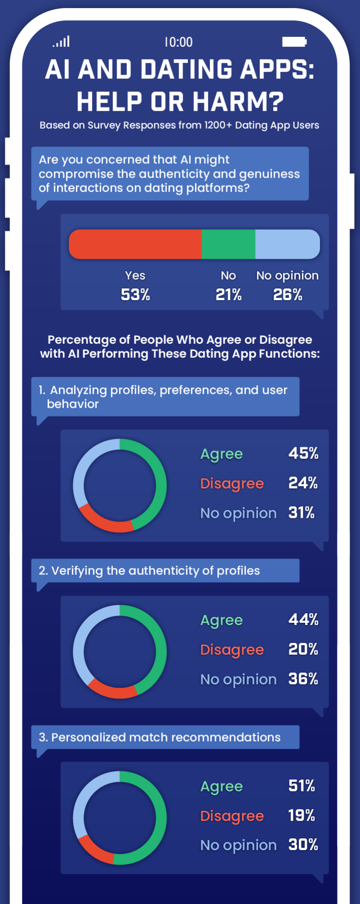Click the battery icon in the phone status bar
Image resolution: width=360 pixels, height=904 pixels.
pos(294,42)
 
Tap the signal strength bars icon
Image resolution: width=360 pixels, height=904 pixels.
pos(61,42)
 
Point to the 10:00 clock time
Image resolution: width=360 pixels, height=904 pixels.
pos(179,42)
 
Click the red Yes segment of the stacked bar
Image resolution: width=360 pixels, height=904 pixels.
pos(135,244)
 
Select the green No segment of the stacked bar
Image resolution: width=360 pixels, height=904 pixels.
pos(228,244)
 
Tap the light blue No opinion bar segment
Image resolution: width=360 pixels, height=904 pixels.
pos(287,244)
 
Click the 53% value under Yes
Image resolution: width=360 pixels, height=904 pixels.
pos(135,295)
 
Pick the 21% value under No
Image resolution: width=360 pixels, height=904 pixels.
pos(228,295)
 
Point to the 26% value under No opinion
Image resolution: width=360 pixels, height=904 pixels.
pos(288,295)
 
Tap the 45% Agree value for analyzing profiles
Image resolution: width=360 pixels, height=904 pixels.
pos(303,453)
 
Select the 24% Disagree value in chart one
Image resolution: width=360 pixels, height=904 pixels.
pos(303,483)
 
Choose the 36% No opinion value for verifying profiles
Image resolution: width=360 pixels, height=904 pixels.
pos(303,679)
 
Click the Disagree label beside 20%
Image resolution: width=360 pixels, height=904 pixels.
pos(232,650)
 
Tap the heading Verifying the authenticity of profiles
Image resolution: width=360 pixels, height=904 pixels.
pos(149,571)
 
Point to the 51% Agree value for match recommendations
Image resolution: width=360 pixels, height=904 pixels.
pos(301,786)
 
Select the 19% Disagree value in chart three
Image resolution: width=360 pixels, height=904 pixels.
pos(301,815)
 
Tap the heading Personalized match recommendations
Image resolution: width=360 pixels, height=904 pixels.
pos(160,737)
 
